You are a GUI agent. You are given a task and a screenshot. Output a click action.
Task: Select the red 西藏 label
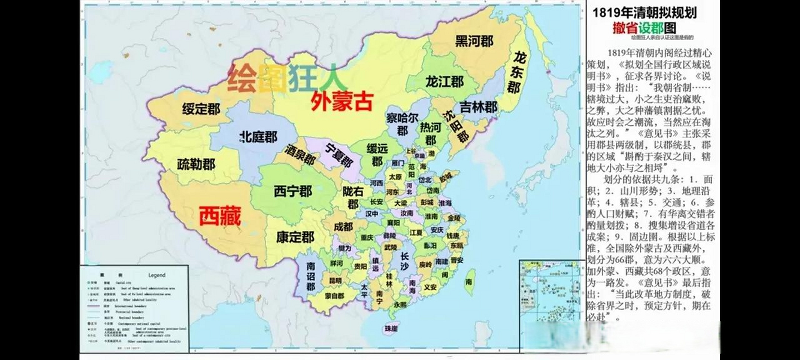pyautogui.click(x=220, y=216)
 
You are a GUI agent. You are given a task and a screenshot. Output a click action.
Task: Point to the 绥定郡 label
pyautogui.click(x=201, y=109)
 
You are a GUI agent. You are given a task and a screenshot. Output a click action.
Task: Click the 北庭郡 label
pyautogui.click(x=259, y=137)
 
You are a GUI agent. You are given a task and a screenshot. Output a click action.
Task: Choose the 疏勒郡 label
pyautogui.click(x=196, y=164)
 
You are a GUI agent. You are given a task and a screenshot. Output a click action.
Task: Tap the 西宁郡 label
pyautogui.click(x=293, y=191)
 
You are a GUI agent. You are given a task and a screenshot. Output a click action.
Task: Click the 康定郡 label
pyautogui.click(x=295, y=237)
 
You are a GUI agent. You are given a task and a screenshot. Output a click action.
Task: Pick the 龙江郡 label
pyautogui.click(x=444, y=82)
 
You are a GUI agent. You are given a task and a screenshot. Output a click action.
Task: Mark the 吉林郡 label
pyautogui.click(x=478, y=107)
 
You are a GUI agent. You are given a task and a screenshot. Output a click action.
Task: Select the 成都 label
pyautogui.click(x=343, y=227)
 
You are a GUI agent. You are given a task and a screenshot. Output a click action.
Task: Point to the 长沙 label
pyautogui.click(x=404, y=261)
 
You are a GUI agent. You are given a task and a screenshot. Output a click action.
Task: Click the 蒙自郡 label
pyautogui.click(x=334, y=296)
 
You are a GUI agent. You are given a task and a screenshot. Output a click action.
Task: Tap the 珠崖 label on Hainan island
pyautogui.click(x=391, y=328)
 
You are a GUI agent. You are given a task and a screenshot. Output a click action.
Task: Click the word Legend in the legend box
pyautogui.click(x=157, y=275)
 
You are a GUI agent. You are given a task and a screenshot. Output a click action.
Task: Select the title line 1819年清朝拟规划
pyautogui.click(x=645, y=13)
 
